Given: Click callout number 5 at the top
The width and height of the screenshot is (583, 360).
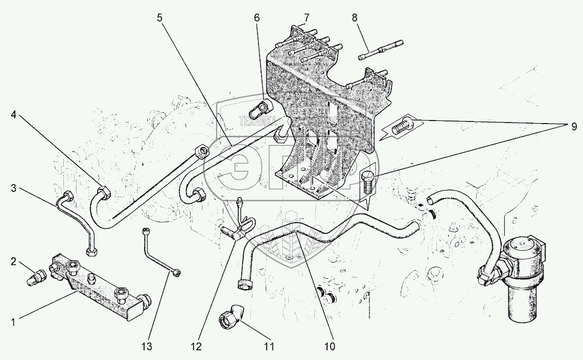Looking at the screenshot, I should coord(159,17).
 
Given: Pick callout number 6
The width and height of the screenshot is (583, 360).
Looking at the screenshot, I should coord(257,17).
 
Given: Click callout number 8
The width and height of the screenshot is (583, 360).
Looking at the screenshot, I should coord(355,17).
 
